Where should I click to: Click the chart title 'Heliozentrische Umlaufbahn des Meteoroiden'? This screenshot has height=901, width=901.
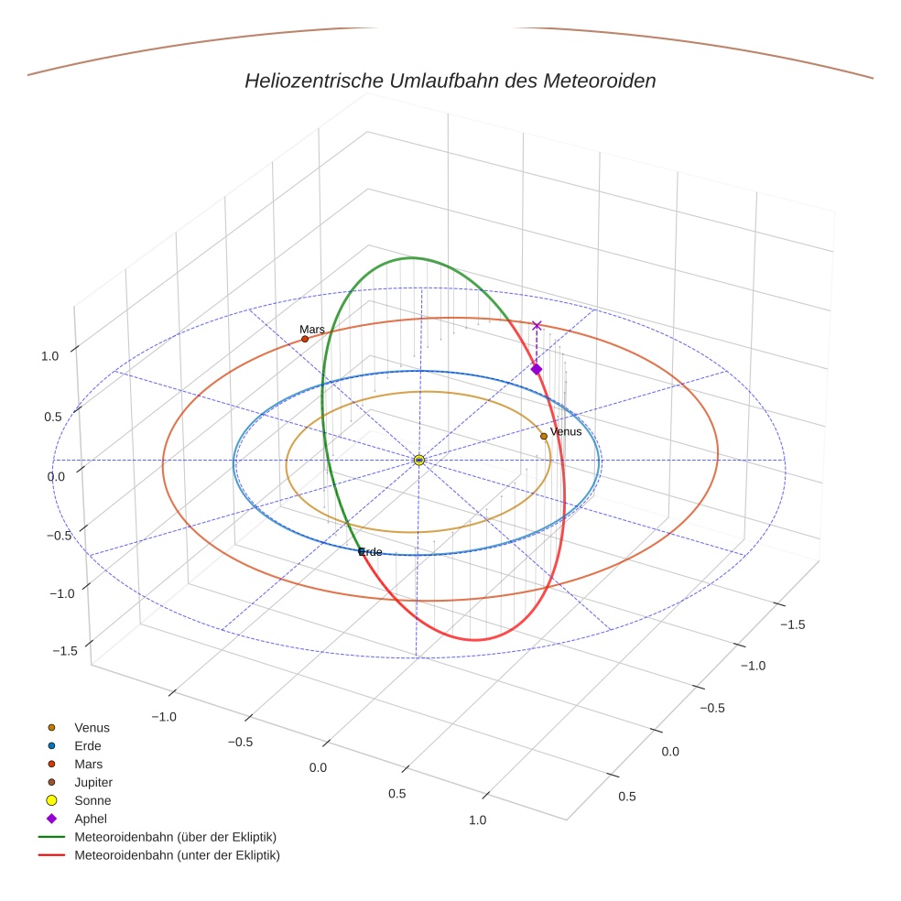click(450, 81)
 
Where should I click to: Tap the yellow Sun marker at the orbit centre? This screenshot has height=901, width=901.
click(418, 460)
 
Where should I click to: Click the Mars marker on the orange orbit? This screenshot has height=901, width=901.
click(305, 339)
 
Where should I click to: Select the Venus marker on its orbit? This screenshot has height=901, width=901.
click(544, 436)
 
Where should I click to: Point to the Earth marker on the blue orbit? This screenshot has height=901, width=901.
click(361, 551)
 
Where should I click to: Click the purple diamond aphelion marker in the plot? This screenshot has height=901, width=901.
click(537, 369)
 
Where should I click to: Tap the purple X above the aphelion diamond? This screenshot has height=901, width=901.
click(537, 325)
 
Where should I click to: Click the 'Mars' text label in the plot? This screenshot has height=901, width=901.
click(312, 329)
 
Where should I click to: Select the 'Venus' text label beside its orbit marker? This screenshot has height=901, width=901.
click(566, 431)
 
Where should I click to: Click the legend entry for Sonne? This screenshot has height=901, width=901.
click(92, 800)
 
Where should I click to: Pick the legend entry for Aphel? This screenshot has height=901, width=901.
click(92, 819)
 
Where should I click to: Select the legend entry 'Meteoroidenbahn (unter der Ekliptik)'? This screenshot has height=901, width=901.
click(177, 855)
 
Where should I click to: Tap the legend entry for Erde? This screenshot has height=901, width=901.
click(88, 745)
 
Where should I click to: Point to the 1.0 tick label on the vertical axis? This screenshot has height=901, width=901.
click(50, 356)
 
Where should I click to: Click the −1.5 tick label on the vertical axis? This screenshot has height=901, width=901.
click(64, 651)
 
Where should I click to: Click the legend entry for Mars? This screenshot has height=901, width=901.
click(89, 764)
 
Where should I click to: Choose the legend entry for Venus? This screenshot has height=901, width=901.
click(92, 727)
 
